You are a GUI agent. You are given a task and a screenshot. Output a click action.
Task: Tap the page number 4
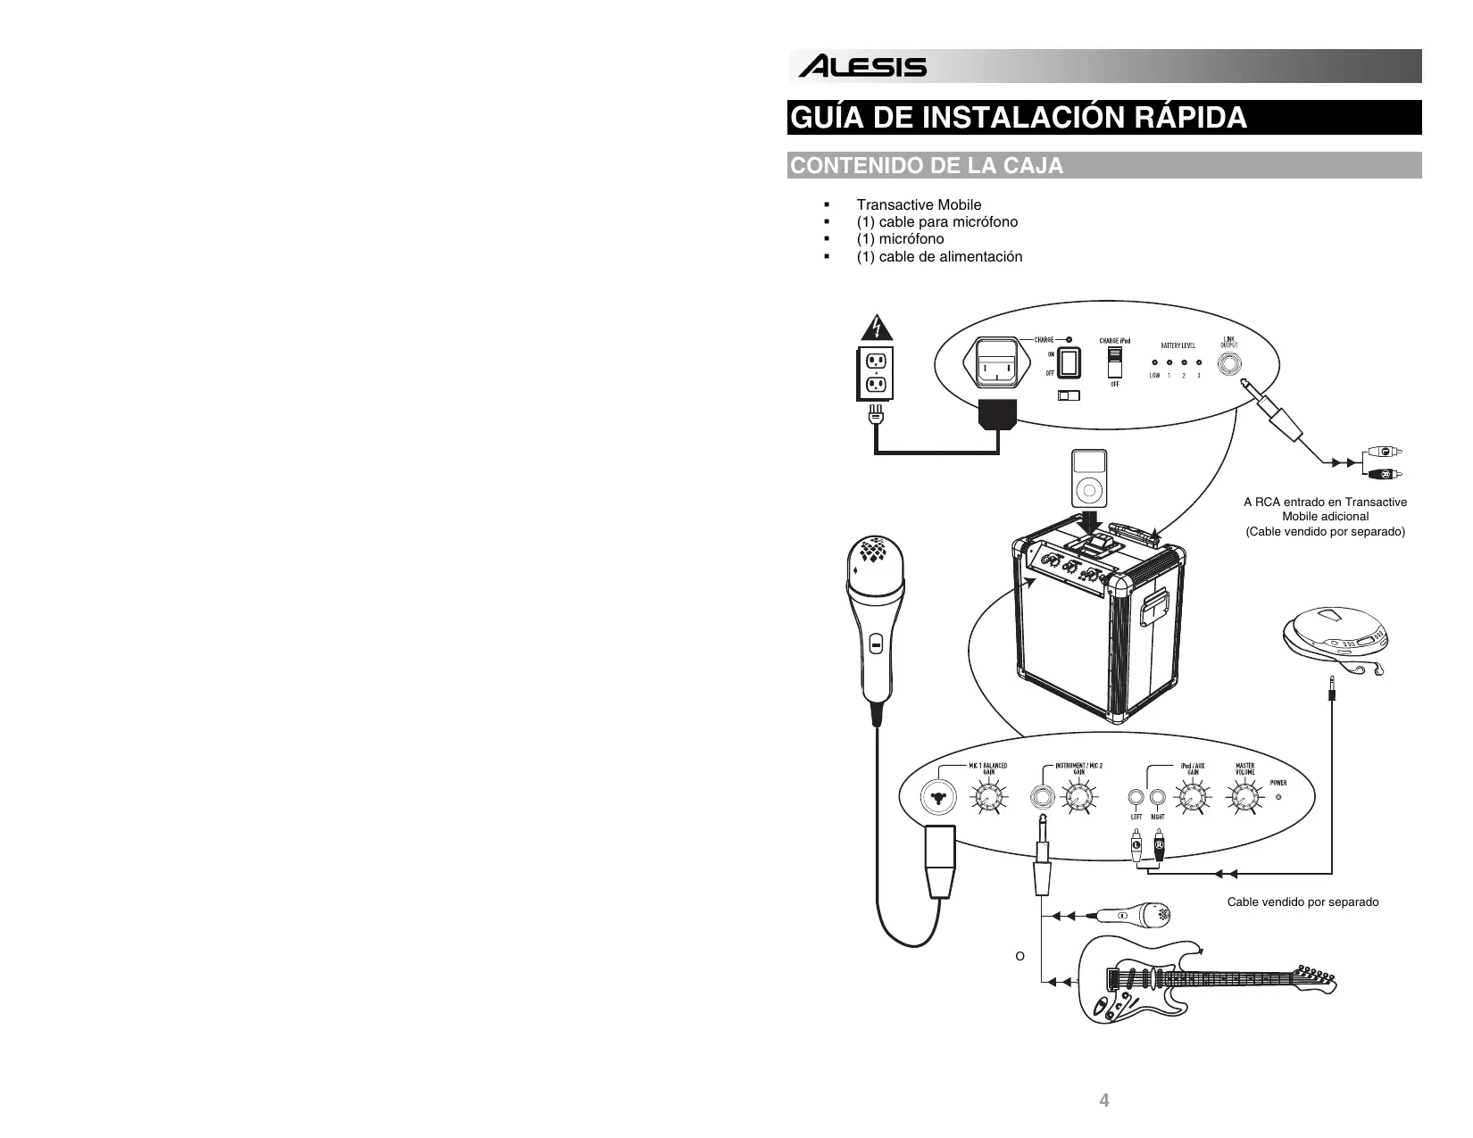1104,1101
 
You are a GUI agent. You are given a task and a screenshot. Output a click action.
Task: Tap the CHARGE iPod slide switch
1114,363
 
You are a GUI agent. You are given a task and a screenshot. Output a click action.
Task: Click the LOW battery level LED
1154,363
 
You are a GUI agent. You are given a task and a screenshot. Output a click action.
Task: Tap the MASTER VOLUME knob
1244,795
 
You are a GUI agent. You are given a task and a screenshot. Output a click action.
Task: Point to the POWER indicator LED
1279,796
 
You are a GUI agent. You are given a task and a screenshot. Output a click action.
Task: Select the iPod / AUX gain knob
1192,795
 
